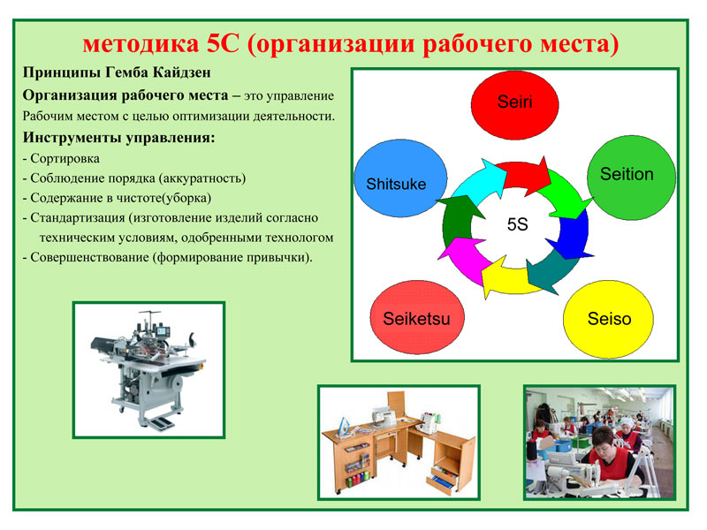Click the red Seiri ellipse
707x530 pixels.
515,104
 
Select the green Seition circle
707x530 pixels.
631,178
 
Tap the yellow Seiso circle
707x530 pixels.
608,319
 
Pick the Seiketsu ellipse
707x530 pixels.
417,317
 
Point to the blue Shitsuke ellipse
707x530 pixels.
400,178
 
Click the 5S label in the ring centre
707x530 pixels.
517,224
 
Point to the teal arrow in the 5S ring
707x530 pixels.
551,270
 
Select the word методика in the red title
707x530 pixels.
141,43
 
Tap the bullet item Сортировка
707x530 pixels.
65,159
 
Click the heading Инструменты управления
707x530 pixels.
119,137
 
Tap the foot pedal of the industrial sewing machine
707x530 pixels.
161,423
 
